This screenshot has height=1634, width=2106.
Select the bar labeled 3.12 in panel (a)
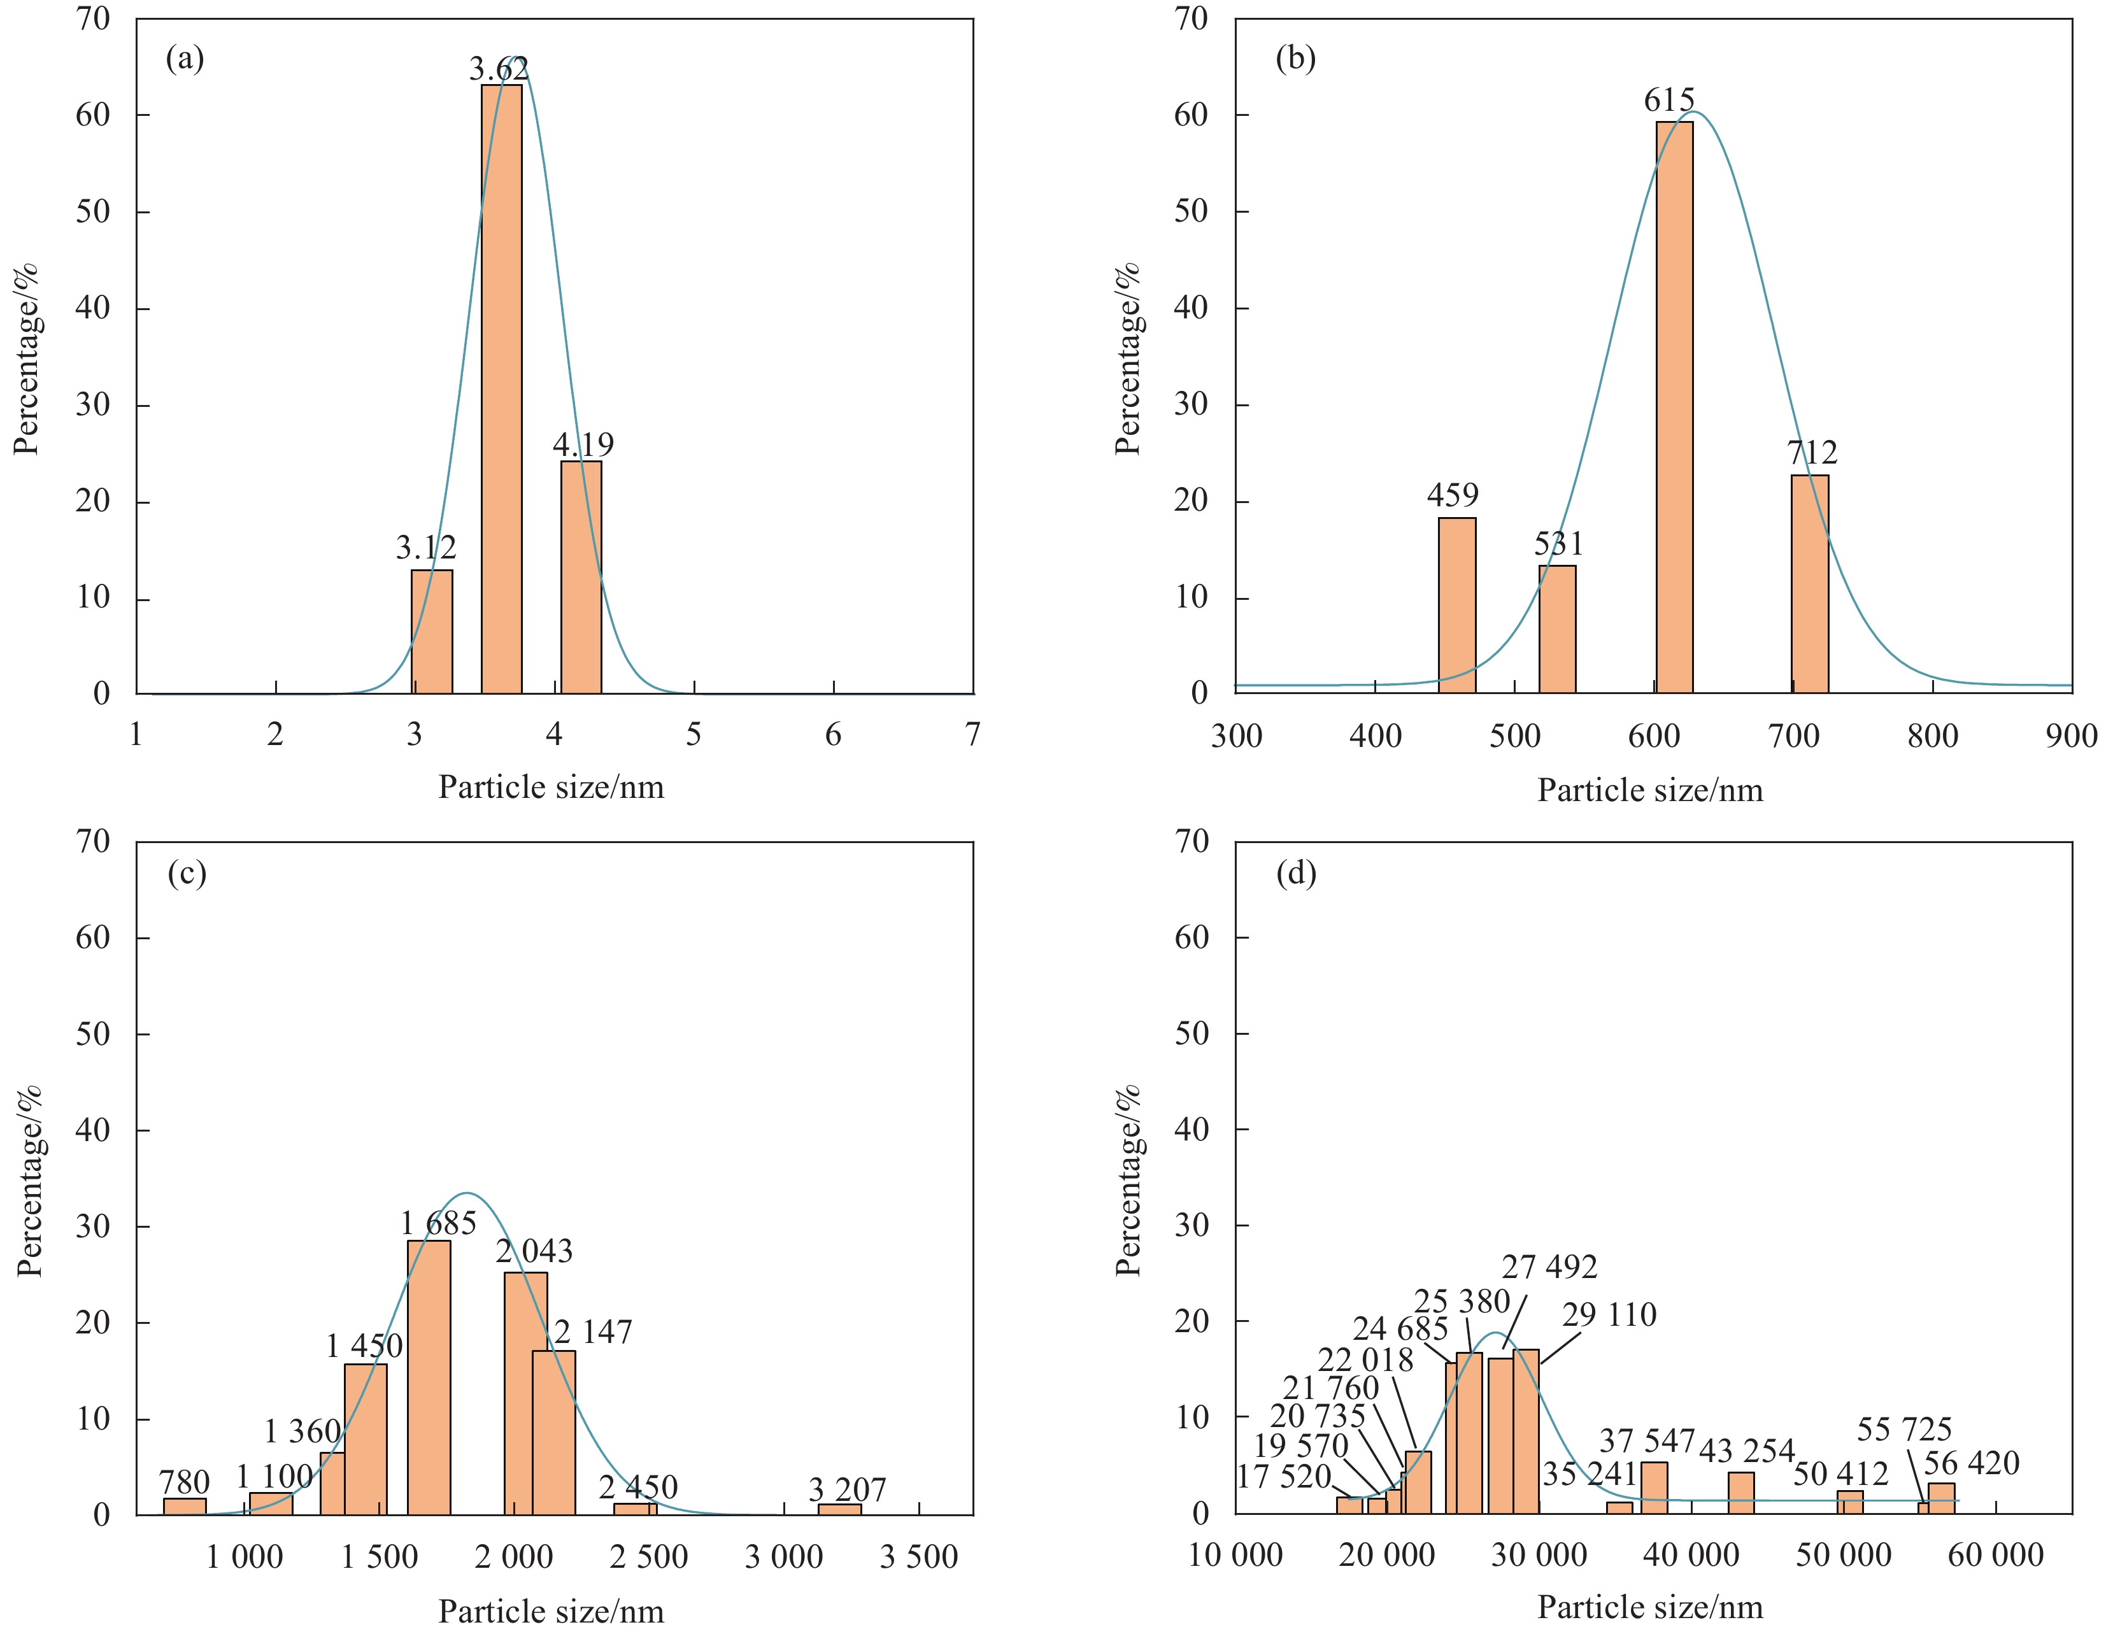pyautogui.click(x=431, y=632)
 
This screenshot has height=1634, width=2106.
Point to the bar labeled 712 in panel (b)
pyautogui.click(x=1809, y=583)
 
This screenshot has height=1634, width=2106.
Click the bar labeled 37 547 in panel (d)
pyautogui.click(x=1654, y=1488)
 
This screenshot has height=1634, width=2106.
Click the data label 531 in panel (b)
pyautogui.click(x=1558, y=544)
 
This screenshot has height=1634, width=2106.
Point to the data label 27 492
pyautogui.click(x=1549, y=1267)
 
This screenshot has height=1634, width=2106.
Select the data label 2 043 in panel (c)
pyautogui.click(x=534, y=1251)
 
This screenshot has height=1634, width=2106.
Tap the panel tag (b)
pyautogui.click(x=1295, y=59)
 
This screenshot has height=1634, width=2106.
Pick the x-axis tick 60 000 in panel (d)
pyautogui.click(x=1995, y=1555)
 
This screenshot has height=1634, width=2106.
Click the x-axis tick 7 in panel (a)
pyautogui.click(x=972, y=735)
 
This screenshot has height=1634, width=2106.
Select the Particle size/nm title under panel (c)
pyautogui.click(x=551, y=1611)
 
